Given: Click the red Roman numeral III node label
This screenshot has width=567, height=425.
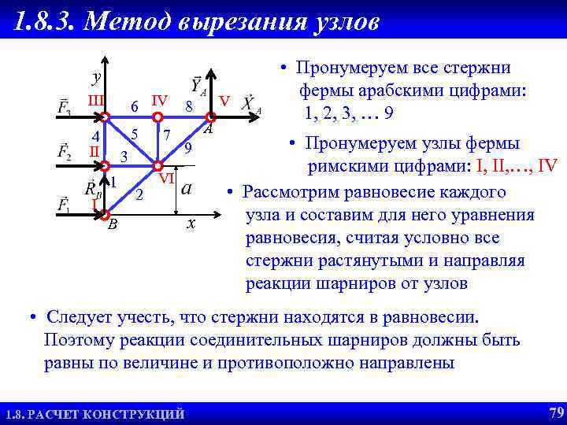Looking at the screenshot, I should (x=96, y=101).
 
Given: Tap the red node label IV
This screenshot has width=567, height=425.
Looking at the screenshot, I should (x=159, y=100).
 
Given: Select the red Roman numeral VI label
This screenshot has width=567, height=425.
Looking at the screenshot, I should (x=166, y=179).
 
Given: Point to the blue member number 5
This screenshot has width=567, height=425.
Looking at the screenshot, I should (x=135, y=134).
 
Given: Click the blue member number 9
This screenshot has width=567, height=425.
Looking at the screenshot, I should (x=187, y=147).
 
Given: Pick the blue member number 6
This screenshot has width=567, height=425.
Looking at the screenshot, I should (x=135, y=106).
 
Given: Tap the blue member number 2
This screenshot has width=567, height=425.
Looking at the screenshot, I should (x=139, y=194).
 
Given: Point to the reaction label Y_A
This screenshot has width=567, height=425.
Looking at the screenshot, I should (x=196, y=85).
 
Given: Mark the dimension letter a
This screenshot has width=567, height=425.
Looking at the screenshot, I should (x=187, y=188).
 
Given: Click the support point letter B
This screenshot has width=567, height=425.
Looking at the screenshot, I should (x=113, y=224).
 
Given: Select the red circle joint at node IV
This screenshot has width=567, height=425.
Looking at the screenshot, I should (x=157, y=118).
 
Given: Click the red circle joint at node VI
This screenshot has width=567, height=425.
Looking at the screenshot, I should (x=157, y=166).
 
